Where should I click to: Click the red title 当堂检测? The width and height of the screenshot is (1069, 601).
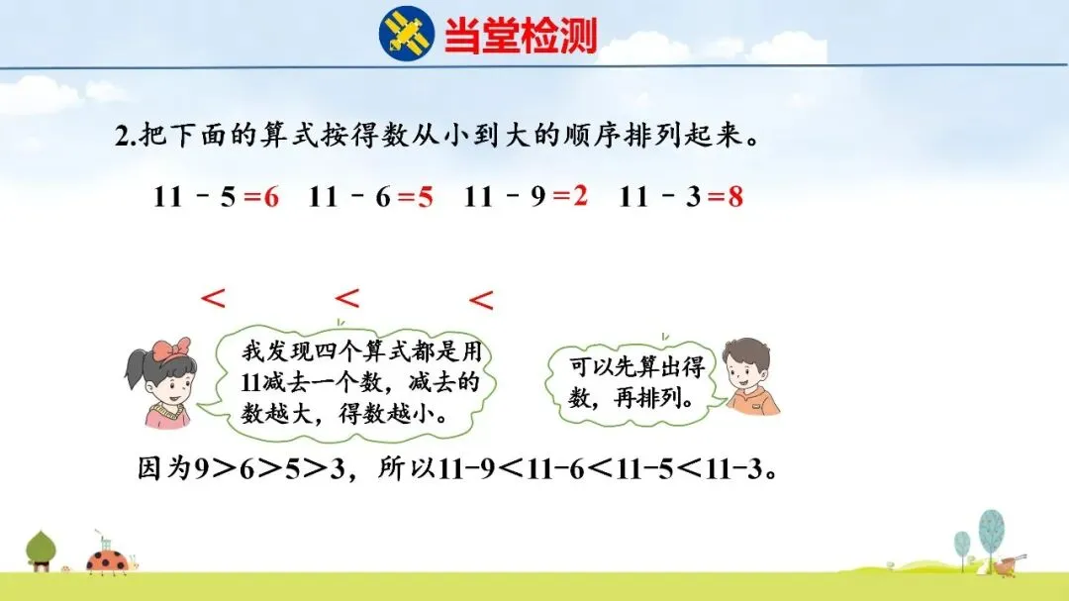tap(521, 35)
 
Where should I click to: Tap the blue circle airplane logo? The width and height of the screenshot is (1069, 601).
tap(407, 34)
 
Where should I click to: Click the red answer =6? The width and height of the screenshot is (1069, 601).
tap(261, 197)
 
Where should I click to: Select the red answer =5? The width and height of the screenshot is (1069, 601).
tap(416, 197)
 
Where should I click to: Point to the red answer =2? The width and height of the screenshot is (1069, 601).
tap(571, 196)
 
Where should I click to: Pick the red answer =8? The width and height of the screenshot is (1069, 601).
tap(726, 197)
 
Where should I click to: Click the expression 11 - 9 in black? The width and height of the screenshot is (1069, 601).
tap(505, 197)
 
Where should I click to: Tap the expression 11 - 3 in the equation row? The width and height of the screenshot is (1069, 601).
tap(660, 197)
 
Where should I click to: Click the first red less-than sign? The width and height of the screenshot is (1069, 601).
tap(213, 298)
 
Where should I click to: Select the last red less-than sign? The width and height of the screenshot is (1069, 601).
tap(481, 299)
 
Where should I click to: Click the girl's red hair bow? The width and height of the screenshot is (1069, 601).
tap(170, 350)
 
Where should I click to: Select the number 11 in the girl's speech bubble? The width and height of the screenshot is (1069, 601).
tap(250, 383)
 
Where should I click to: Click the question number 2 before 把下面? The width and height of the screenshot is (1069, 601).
tap(122, 137)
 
